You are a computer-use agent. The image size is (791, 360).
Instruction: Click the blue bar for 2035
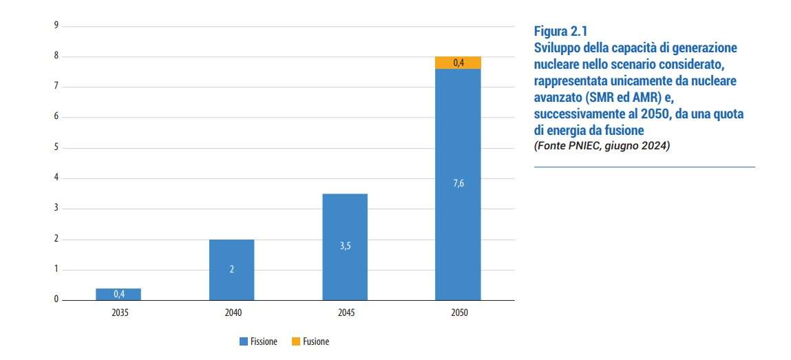point(118,295)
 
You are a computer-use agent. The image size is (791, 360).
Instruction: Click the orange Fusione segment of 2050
point(458,63)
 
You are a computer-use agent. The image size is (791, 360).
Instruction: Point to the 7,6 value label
point(458,184)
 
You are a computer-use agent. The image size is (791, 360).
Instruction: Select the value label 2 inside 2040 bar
point(232,269)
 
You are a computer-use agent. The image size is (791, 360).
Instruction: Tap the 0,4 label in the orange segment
point(458,63)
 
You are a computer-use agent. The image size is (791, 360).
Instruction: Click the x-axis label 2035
point(118,313)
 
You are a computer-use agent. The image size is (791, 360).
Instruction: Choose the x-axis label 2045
point(345,313)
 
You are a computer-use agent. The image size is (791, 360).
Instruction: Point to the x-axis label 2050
point(458,313)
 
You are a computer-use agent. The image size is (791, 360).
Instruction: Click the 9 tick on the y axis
point(56,25)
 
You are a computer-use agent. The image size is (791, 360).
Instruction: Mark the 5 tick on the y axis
point(56,147)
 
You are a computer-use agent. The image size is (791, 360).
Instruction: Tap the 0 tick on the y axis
point(56,300)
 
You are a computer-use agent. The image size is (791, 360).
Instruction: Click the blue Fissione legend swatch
point(243,341)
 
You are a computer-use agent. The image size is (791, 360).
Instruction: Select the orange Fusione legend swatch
point(296,341)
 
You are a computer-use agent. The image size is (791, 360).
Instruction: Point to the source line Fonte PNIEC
point(602,146)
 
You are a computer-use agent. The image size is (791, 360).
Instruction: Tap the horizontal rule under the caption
point(644,167)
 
